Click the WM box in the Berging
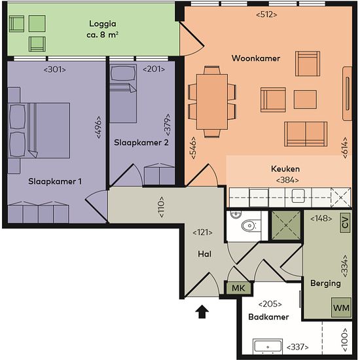tap(341, 308)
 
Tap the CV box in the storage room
tap(345, 223)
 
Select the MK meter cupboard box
tap(238, 288)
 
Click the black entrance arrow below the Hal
tap(202, 312)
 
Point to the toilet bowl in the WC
tap(249, 226)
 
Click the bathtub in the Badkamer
tap(268, 347)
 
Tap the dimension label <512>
tap(266, 14)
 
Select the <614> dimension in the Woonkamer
tap(345, 148)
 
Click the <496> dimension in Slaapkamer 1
tap(98, 127)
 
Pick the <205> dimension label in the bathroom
tap(270, 304)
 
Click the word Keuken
tap(285, 169)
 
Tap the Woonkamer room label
tap(256, 58)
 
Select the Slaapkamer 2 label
tap(141, 143)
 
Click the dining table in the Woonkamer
tap(212, 101)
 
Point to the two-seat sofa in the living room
tap(306, 134)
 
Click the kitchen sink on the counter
tap(298, 196)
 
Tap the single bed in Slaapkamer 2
tap(123, 94)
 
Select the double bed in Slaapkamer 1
tap(39, 130)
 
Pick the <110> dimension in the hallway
tap(162, 207)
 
